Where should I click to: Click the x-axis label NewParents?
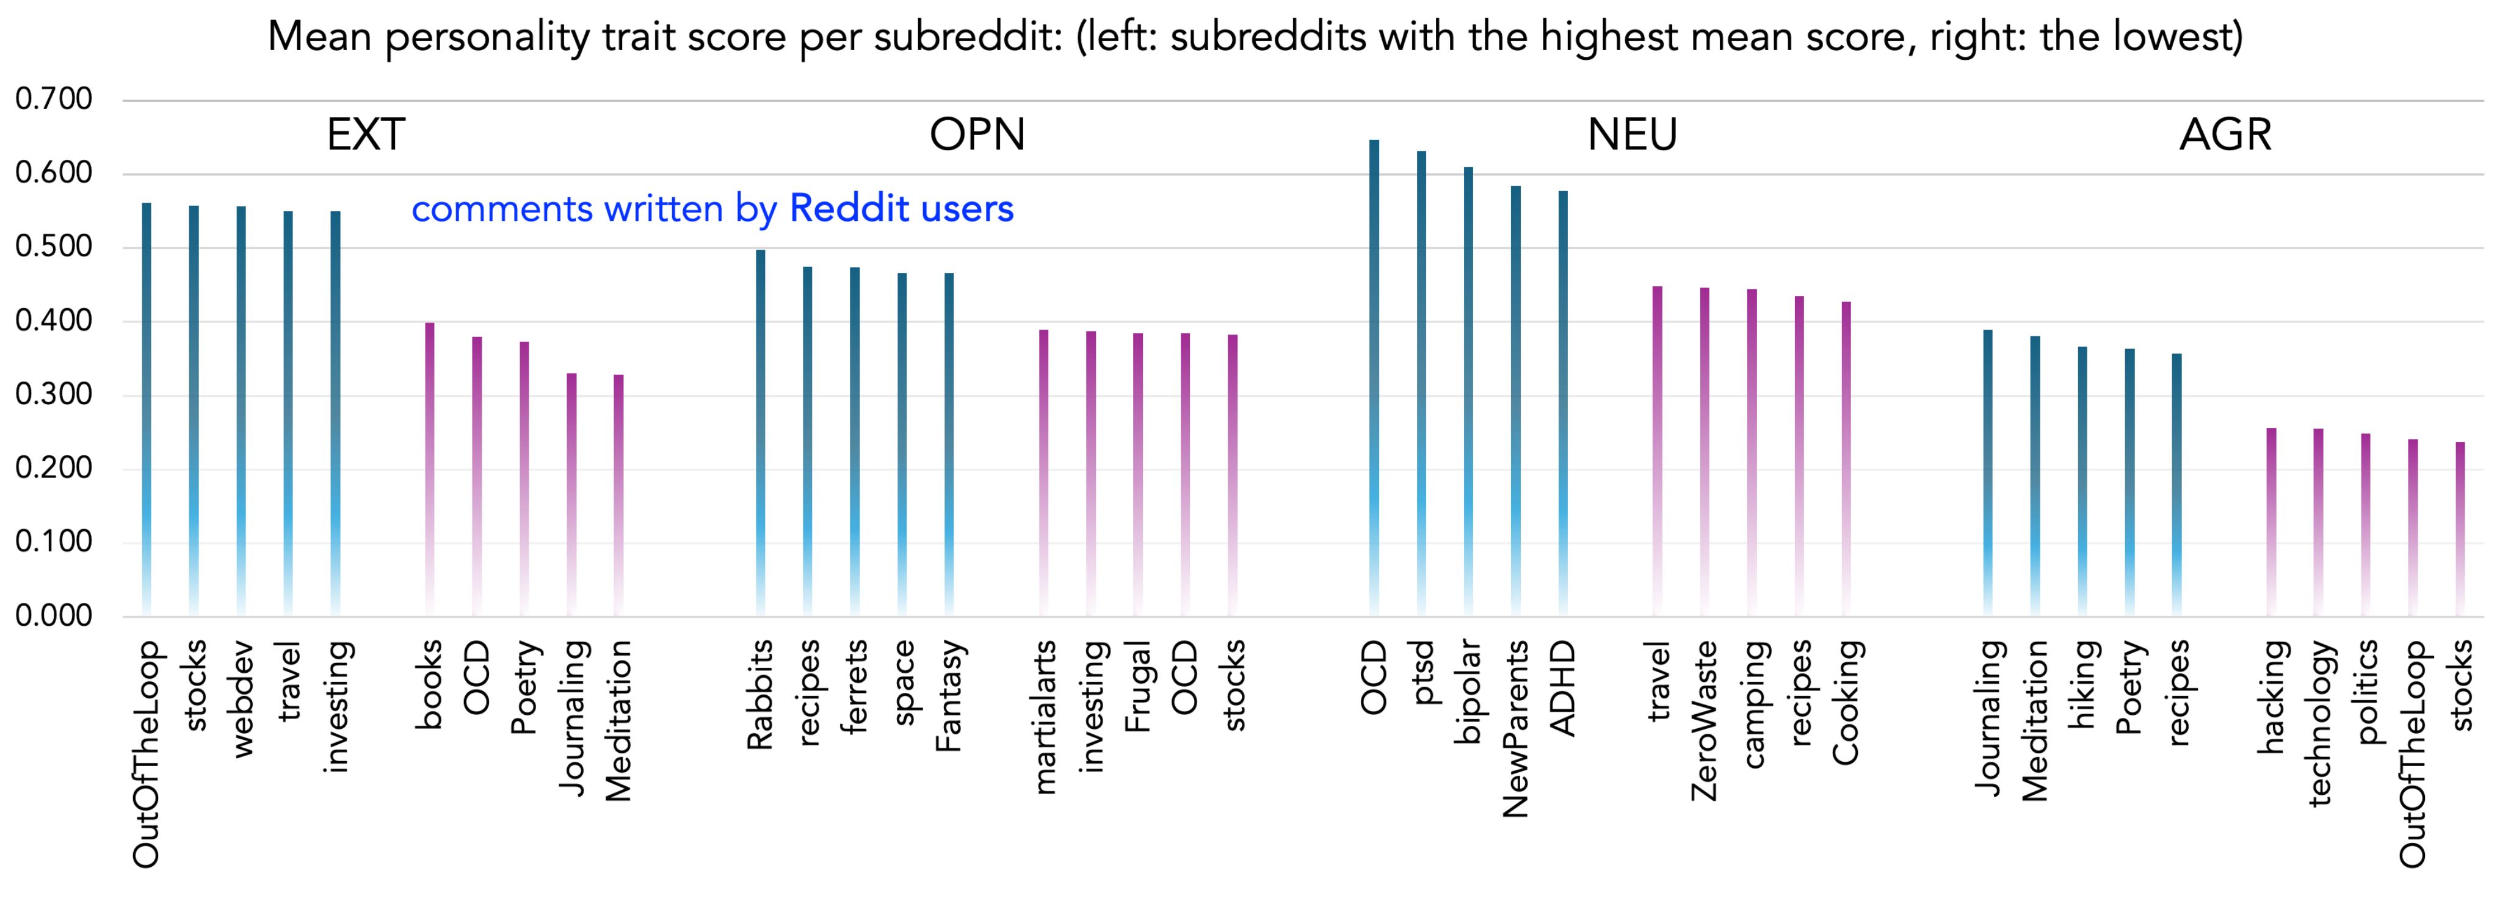point(1515,728)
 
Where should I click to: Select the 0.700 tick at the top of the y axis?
point(53,99)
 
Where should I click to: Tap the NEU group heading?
point(1633,135)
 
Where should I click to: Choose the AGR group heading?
point(2225,135)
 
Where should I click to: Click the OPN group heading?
point(977,135)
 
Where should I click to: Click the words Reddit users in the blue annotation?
point(902,208)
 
